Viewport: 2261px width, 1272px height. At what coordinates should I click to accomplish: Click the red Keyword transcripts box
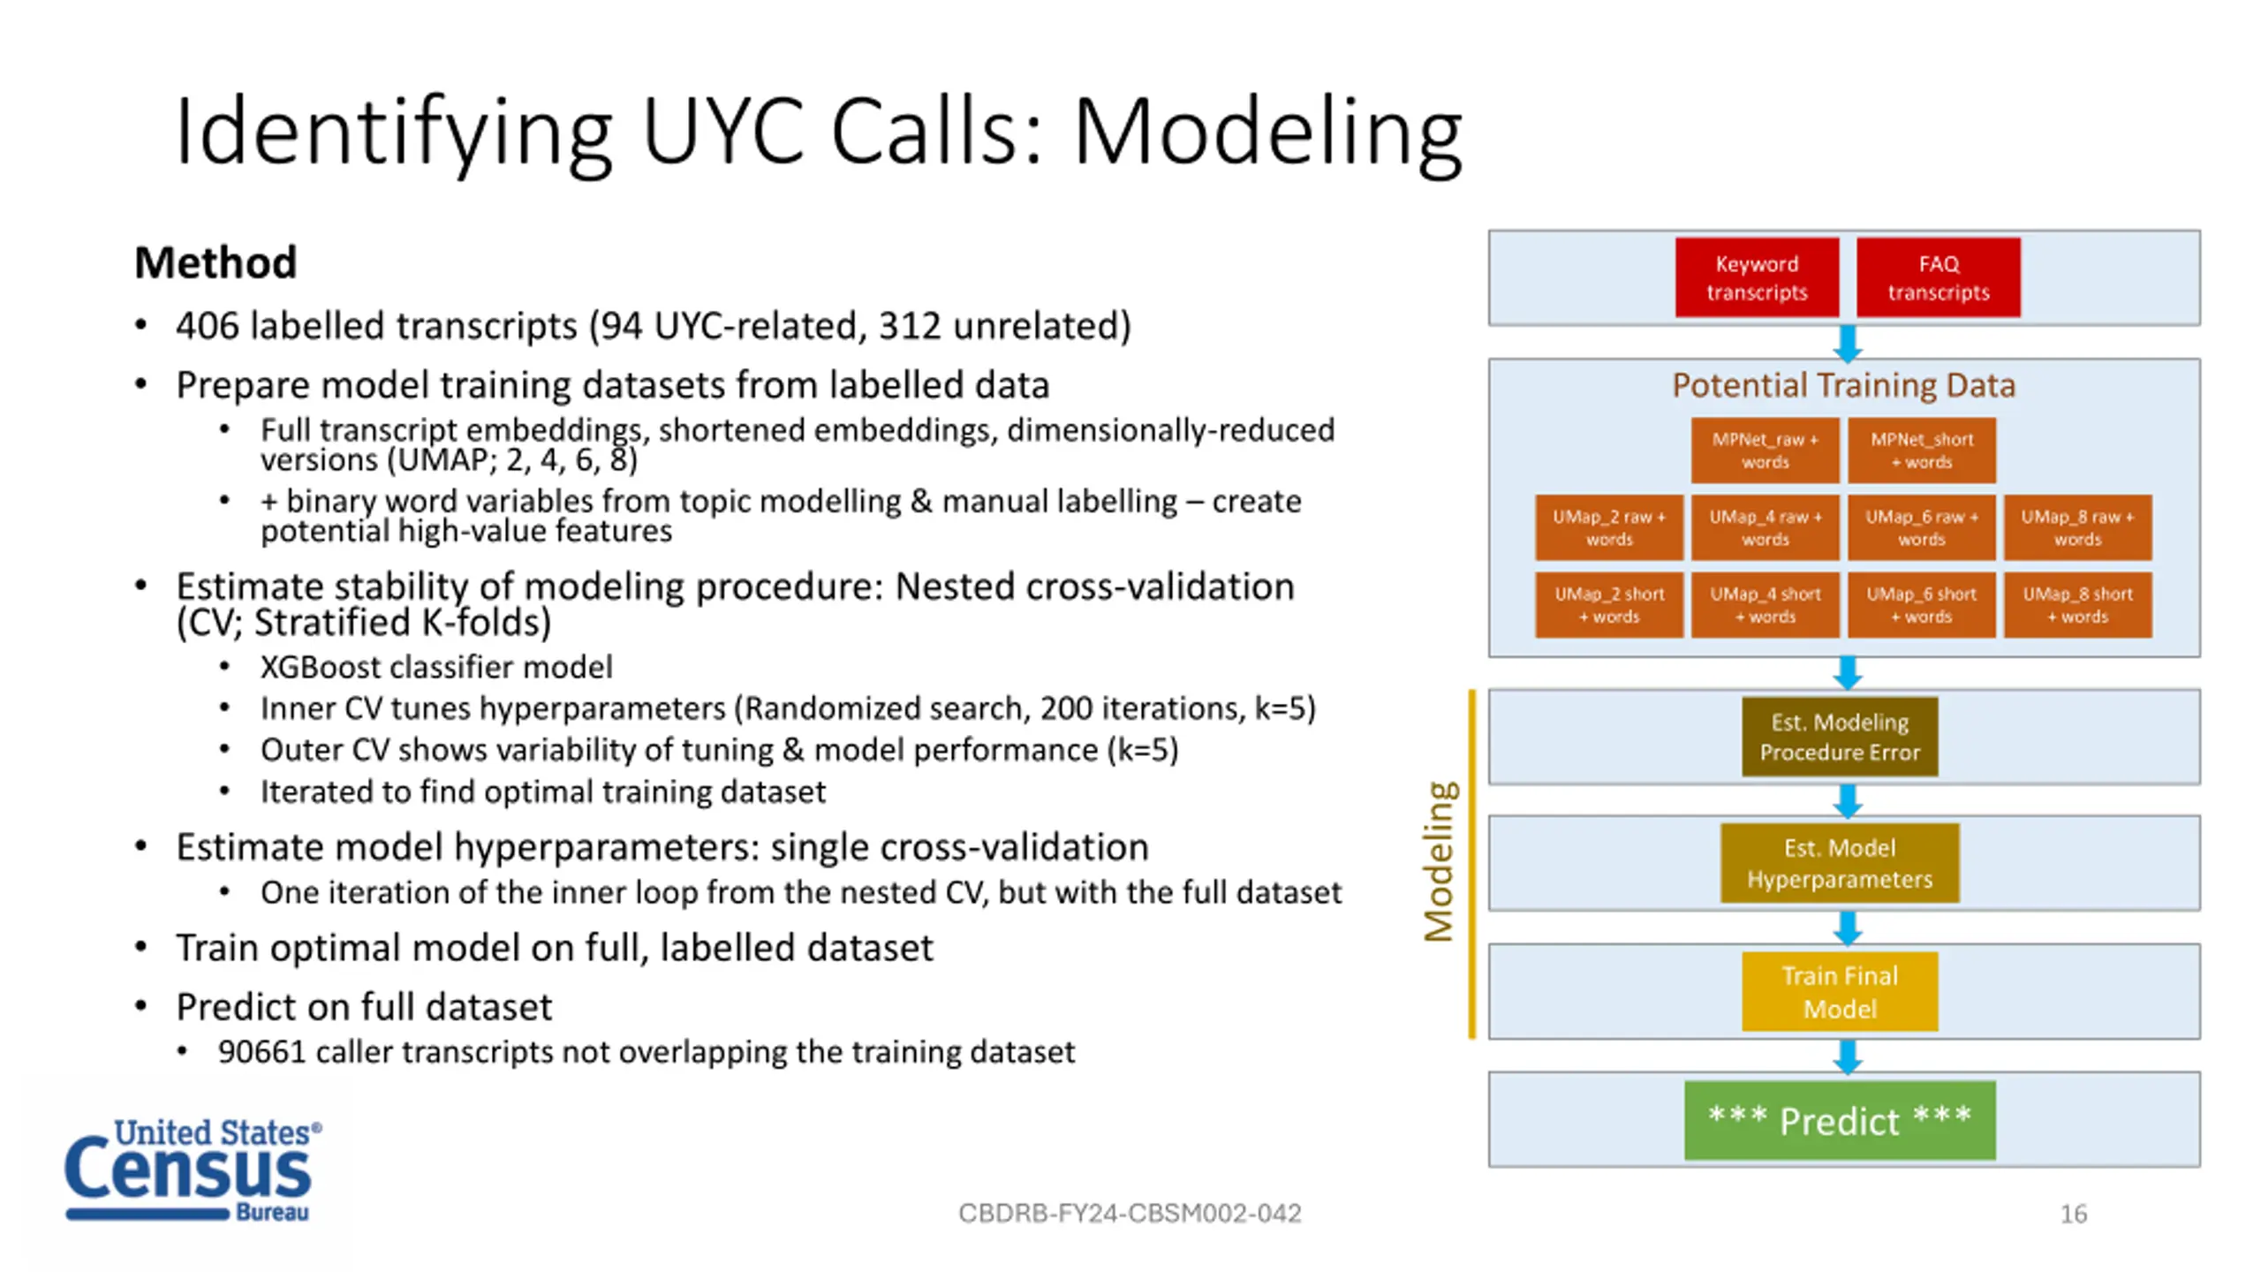[1757, 277]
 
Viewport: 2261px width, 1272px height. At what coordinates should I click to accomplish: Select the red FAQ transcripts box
[1939, 277]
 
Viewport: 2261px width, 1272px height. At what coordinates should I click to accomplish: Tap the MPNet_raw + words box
[1765, 450]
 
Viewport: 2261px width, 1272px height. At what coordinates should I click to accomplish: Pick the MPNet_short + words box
[1922, 450]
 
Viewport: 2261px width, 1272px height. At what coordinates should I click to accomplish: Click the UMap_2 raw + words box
[1609, 527]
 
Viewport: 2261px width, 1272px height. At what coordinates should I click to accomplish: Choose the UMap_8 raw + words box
[2078, 527]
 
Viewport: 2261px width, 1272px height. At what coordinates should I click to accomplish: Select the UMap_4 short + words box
[1765, 605]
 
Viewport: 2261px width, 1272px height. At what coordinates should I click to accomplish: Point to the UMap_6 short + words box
[1922, 605]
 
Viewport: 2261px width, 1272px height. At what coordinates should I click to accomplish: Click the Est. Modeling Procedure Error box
[1840, 737]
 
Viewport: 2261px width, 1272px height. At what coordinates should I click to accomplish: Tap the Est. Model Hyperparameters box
[1840, 863]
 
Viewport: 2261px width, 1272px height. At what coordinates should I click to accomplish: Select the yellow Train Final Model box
[1840, 991]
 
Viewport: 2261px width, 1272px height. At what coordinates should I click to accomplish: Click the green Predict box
[1840, 1120]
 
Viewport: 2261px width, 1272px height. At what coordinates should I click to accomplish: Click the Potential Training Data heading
[1844, 385]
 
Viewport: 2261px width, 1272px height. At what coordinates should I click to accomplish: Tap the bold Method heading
[216, 262]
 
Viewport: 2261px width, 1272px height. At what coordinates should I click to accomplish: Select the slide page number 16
[2074, 1214]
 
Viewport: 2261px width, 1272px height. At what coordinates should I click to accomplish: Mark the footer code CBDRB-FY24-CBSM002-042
[1130, 1214]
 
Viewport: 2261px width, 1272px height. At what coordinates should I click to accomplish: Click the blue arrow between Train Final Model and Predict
[1848, 1056]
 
